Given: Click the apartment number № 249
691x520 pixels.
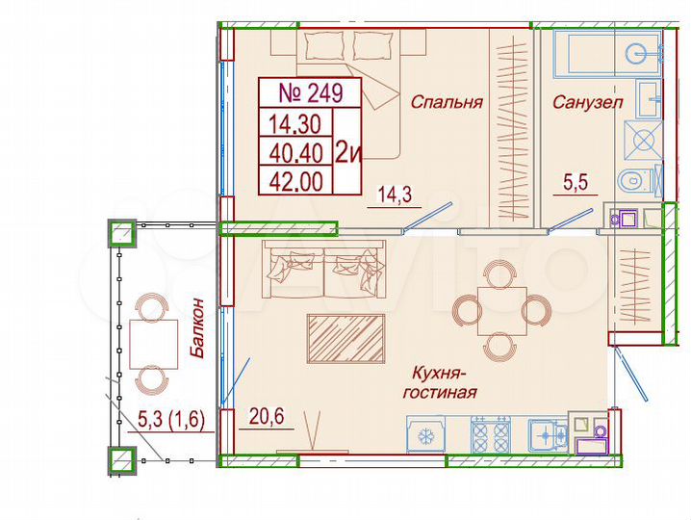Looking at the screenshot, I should point(310,93).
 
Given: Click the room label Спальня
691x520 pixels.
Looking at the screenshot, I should point(446,101).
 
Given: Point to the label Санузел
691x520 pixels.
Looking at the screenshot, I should point(587,101).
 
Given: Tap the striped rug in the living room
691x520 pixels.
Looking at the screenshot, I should point(345,338).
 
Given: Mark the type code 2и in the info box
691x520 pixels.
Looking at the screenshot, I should point(346,150).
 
